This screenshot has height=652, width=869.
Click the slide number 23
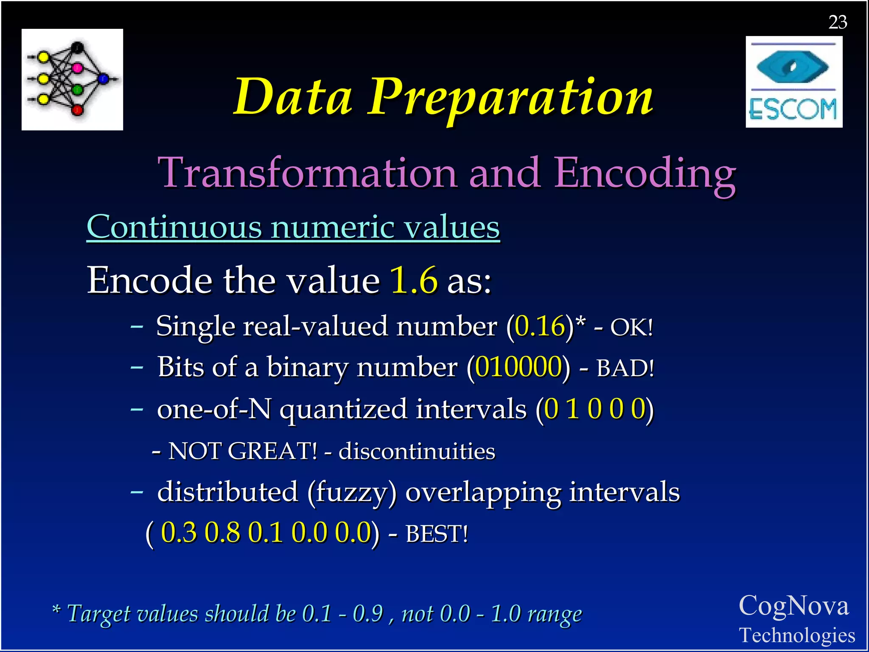pos(838,22)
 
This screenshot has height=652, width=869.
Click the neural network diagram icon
pos(72,79)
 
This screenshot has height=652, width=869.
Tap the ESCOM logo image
pos(794,82)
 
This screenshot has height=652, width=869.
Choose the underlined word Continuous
pos(174,227)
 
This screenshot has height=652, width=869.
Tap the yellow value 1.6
pos(414,280)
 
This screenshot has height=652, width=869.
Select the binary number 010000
pos(519,367)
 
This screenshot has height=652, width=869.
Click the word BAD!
pos(625,368)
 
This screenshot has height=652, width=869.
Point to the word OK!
pos(631,327)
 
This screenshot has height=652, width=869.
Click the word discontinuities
pos(417,451)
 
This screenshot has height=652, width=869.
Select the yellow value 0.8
pos(222,533)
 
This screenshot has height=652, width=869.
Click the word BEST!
pos(437,534)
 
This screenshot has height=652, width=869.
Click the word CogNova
pos(793,606)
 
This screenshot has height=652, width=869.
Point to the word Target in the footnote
pos(98,614)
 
